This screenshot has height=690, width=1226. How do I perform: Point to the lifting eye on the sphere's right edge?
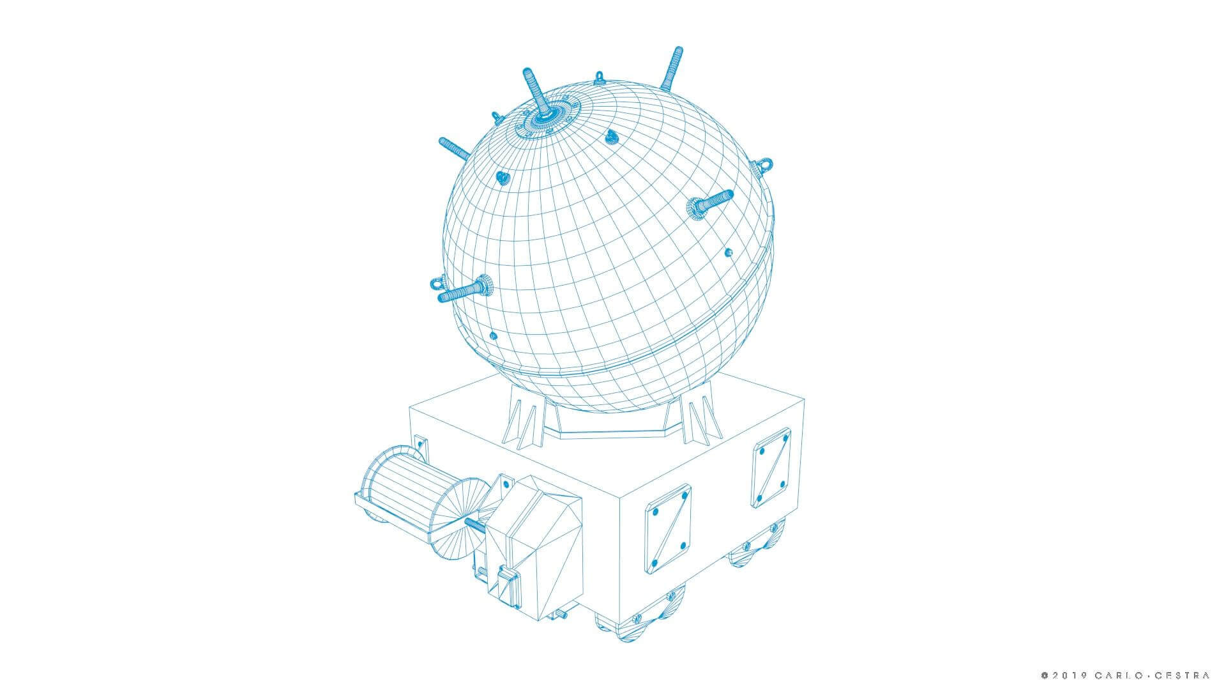point(762,165)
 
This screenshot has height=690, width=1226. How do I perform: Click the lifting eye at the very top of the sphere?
point(599,79)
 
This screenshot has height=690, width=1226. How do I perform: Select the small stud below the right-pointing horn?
point(729,252)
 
